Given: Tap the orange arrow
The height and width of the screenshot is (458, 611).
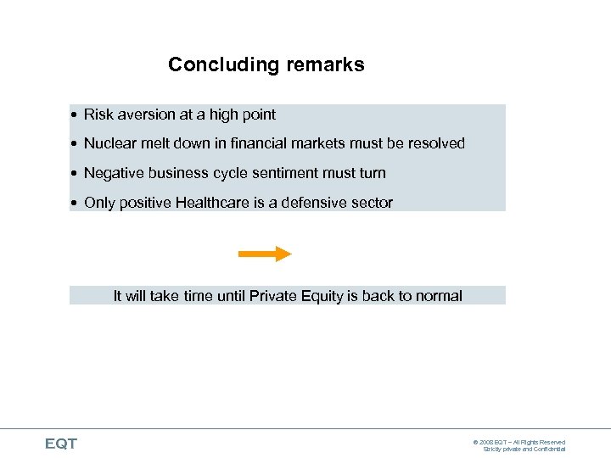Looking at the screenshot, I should (x=265, y=254).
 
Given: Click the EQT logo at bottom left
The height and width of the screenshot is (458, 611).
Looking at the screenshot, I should (x=61, y=444).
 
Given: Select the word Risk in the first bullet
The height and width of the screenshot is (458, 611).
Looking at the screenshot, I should (x=98, y=114).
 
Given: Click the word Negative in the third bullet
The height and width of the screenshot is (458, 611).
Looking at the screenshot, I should (x=115, y=173).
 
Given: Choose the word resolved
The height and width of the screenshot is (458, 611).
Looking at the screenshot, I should (x=436, y=143).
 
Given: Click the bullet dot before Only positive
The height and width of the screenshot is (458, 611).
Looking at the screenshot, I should (x=76, y=204).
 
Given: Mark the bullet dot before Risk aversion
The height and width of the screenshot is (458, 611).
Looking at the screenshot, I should (x=76, y=115).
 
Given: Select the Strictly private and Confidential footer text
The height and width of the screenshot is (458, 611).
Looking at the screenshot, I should (x=524, y=450).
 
